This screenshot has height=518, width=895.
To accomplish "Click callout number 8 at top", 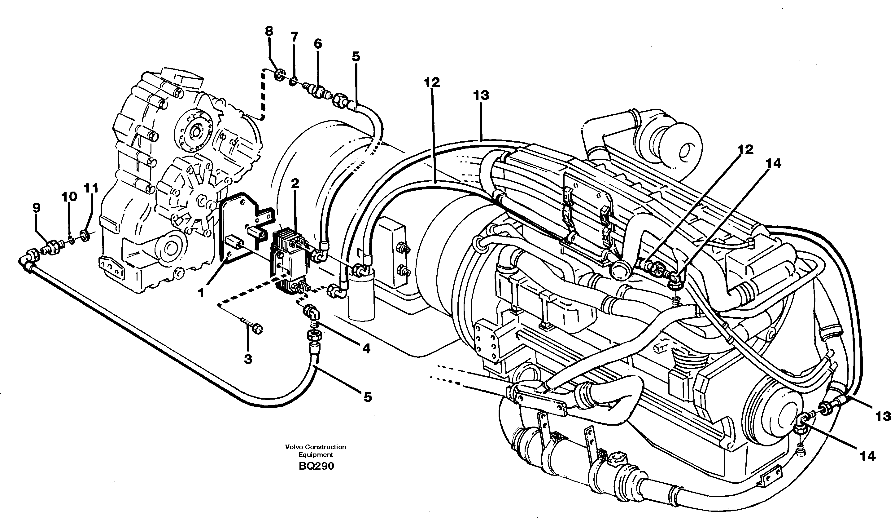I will (269, 31).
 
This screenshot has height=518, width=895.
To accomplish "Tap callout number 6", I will (318, 44).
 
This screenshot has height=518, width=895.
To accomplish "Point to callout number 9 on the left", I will (36, 208).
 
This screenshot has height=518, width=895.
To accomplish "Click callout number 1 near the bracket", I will (201, 293).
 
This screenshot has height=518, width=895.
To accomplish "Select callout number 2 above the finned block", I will (295, 184).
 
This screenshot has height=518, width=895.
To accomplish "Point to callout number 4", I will (366, 348).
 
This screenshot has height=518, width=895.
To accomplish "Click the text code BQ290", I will (316, 466).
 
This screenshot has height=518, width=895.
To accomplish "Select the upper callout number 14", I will (774, 164).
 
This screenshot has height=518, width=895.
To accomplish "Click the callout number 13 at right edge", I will (883, 417).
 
